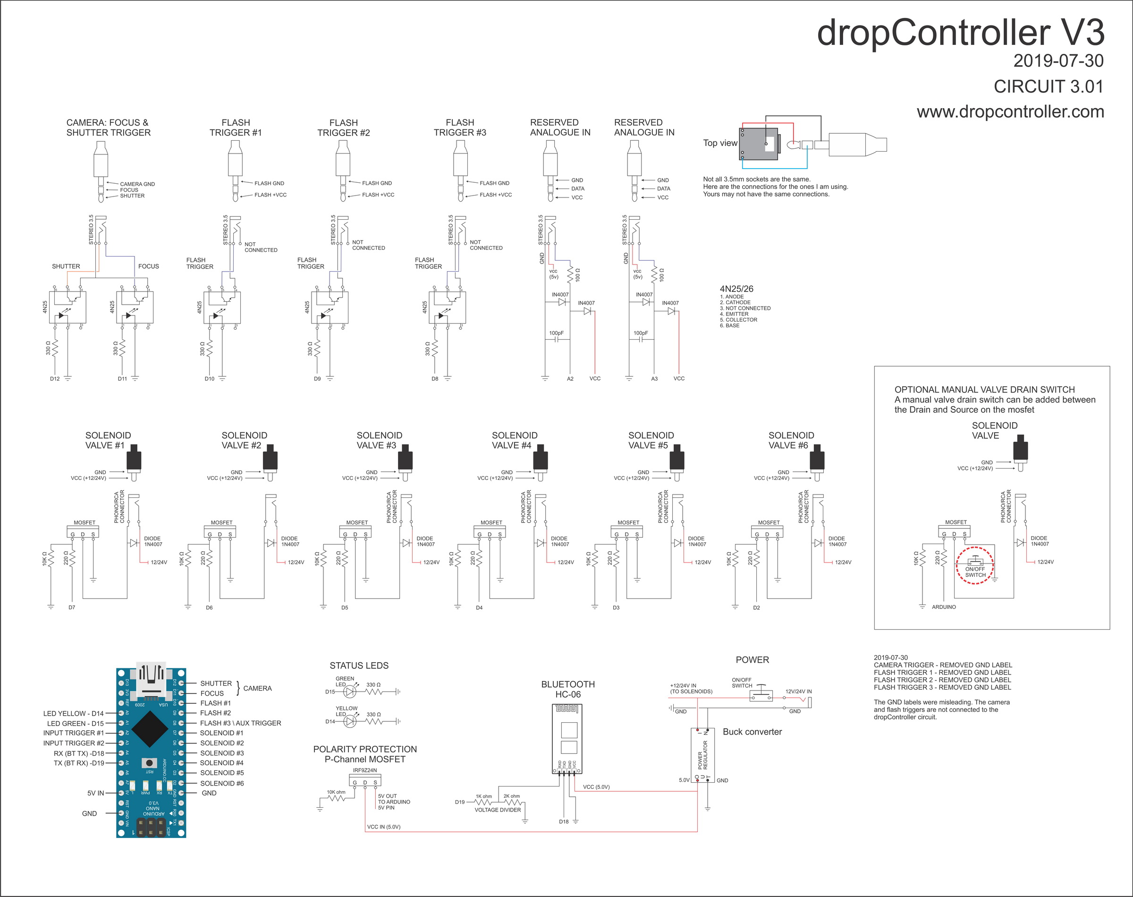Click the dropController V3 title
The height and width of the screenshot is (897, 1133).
coord(960,33)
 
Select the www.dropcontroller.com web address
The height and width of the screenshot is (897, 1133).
coord(1010,112)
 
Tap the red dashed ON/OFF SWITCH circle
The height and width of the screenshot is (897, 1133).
coord(974,565)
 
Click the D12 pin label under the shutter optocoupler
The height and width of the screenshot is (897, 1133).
coord(55,379)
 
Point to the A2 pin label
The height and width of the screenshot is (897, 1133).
coord(570,379)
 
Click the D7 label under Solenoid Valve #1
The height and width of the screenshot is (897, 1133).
coord(72,607)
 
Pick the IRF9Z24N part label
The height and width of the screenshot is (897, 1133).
coord(365,770)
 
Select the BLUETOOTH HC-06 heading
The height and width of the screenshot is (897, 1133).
coord(568,689)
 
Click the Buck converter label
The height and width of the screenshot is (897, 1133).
coord(752,732)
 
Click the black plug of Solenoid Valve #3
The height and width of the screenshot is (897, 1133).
coord(405,458)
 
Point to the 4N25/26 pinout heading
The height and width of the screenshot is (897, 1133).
coord(736,289)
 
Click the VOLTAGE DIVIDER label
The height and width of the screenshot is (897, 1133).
coord(498,810)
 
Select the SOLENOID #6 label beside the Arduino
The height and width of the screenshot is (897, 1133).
coord(221,783)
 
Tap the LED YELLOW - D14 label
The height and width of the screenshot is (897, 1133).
coord(74,713)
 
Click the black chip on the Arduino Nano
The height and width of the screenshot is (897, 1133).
coord(150,728)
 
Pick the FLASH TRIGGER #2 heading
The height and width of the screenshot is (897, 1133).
coord(343,128)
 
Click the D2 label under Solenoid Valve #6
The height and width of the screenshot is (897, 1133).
coord(756,607)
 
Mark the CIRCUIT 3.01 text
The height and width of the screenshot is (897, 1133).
coord(1048,86)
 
